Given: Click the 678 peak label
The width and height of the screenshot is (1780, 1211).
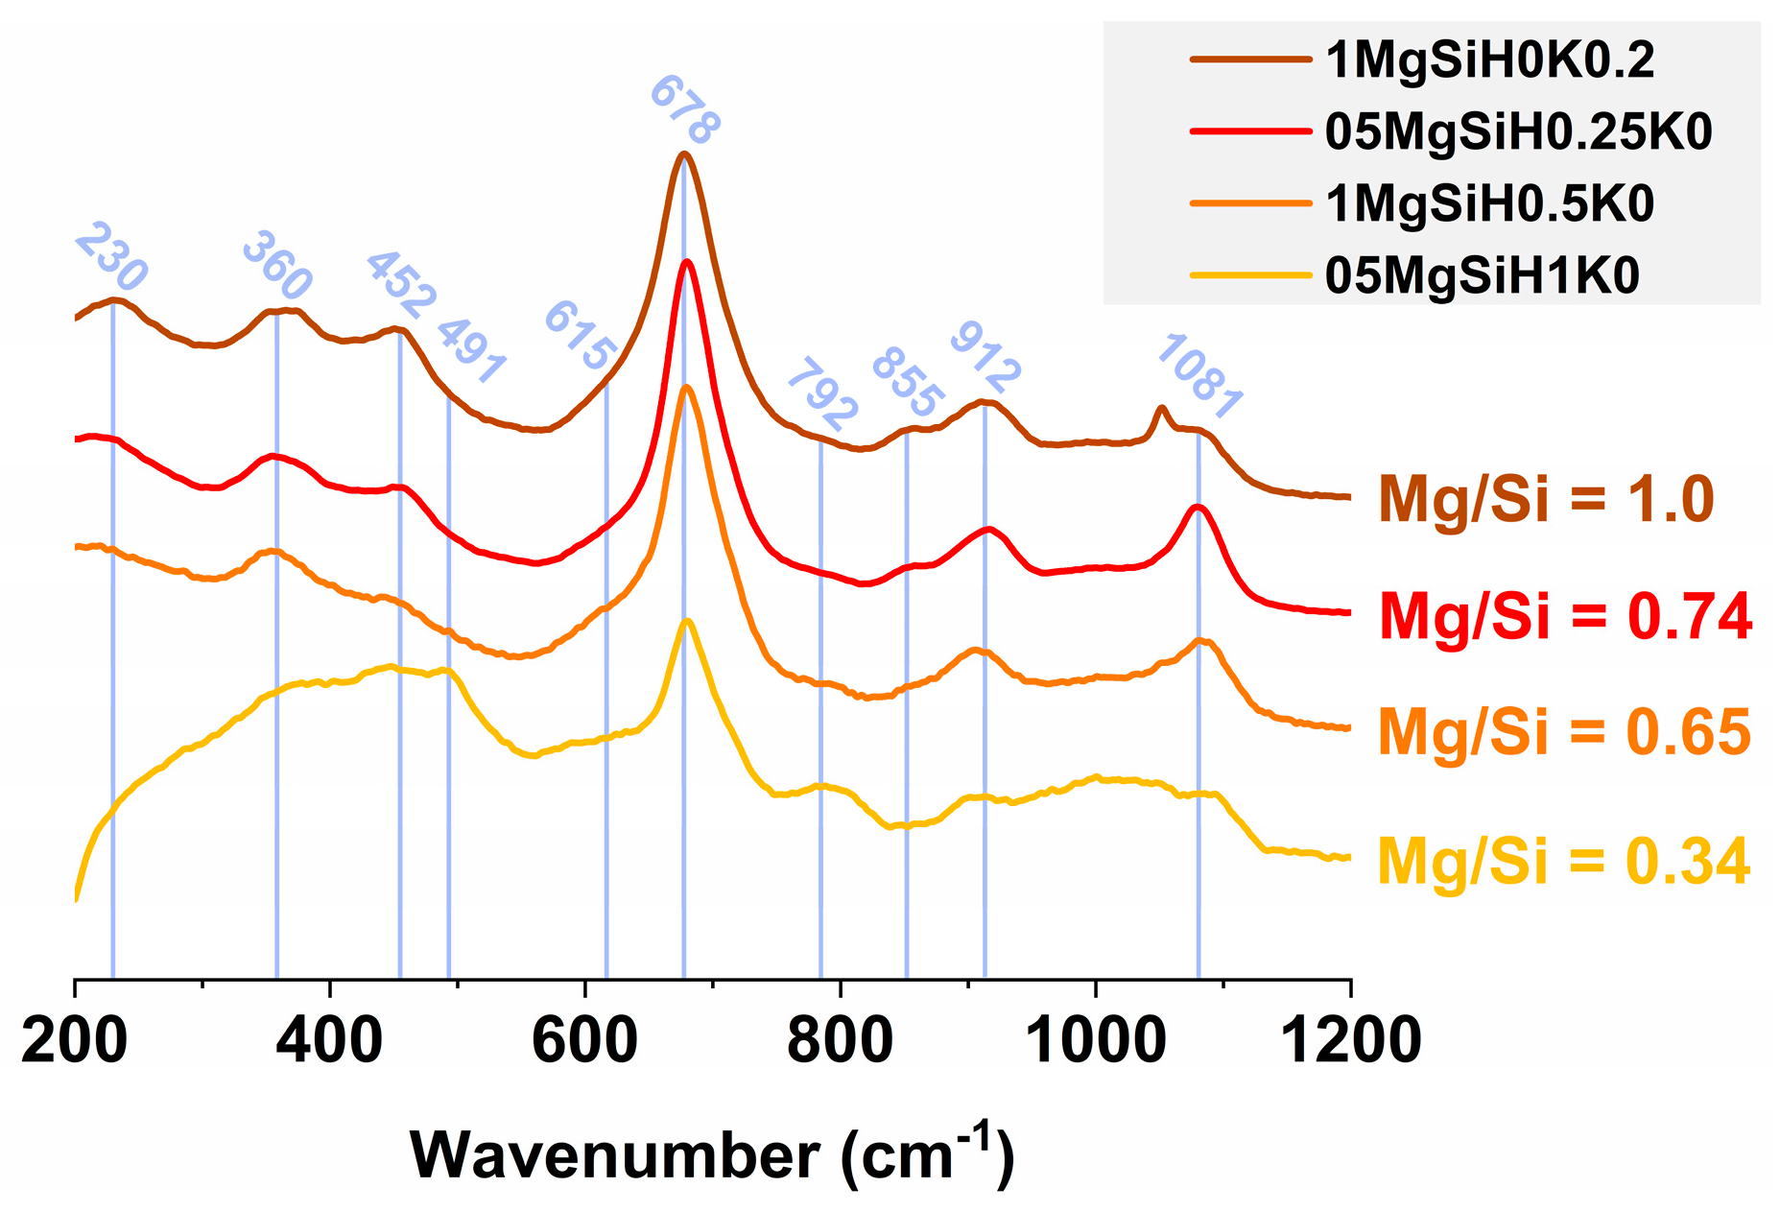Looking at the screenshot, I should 684,110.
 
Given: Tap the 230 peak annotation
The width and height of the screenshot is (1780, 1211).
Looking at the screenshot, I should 111,256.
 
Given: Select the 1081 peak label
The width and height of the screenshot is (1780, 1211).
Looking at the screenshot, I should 1199,377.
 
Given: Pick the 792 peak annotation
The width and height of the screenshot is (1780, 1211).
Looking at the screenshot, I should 821,394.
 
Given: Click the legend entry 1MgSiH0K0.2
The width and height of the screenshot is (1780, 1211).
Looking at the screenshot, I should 1488,60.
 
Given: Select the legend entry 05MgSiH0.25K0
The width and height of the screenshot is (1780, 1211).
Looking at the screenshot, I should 1517,131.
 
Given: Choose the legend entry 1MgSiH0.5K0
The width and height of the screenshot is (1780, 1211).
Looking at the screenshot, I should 1488,203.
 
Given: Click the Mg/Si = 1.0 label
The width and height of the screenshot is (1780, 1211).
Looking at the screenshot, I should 1546,500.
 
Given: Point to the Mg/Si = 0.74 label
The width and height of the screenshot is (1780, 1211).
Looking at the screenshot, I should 1565,616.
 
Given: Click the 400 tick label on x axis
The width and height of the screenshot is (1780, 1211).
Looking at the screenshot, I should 329,1040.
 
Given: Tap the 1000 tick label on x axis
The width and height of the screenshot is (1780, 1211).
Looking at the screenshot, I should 1095,1040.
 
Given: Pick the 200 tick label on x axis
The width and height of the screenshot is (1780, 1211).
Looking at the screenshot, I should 75,1040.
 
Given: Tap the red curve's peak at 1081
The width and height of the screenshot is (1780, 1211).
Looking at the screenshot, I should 1197,506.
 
